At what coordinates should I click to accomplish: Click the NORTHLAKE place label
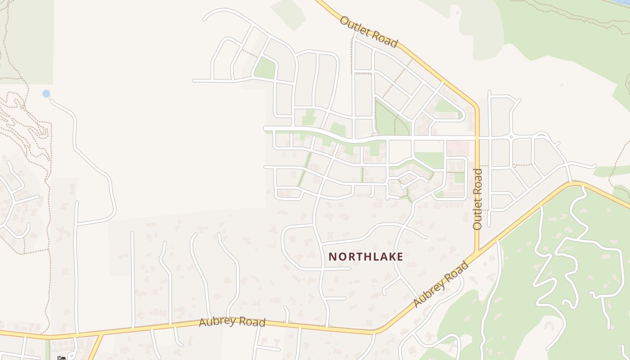coord(365,256)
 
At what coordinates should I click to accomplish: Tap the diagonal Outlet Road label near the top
coord(369,32)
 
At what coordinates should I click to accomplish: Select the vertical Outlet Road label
coord(477,199)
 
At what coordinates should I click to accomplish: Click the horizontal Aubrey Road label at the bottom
coord(232,322)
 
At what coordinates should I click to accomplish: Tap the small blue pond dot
coord(46,94)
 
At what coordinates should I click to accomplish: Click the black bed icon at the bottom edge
coord(62,358)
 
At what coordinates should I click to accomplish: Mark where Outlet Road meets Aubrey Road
coord(478,251)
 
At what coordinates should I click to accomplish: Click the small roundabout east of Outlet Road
coord(511,136)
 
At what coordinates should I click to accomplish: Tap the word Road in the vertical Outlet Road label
coord(477,181)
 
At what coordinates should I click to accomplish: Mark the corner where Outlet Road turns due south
coord(476,106)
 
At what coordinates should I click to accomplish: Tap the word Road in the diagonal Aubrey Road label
coord(454,273)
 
